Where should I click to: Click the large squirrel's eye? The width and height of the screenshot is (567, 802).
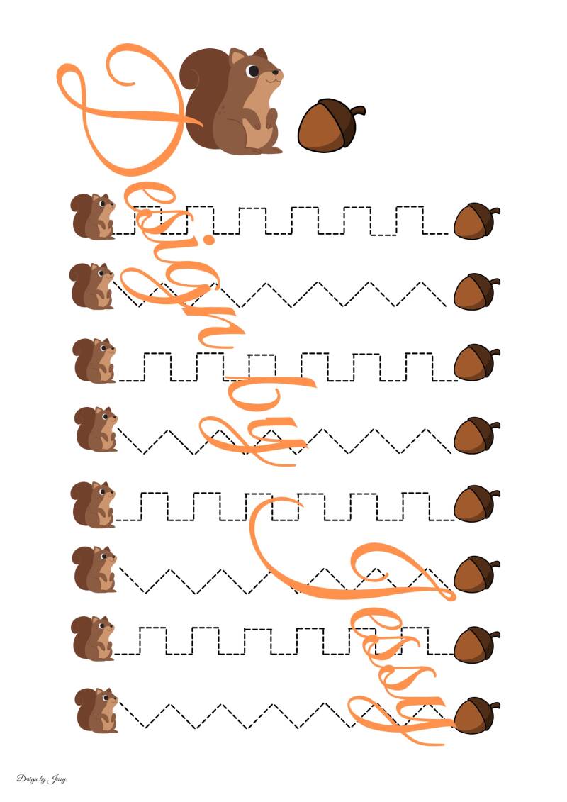click(x=252, y=71)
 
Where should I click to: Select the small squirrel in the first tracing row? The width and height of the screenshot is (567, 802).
click(x=93, y=216)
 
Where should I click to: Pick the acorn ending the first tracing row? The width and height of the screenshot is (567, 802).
click(x=476, y=221)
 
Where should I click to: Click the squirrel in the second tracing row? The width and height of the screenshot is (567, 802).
click(x=92, y=286)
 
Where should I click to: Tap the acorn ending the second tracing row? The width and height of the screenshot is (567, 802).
click(x=476, y=291)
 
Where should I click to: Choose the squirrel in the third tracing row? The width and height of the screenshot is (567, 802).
click(x=94, y=360)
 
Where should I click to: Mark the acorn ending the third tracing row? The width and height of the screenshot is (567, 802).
click(x=476, y=362)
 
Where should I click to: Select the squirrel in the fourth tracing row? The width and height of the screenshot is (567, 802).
click(x=96, y=429)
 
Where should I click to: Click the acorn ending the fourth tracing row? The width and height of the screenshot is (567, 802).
click(x=476, y=435)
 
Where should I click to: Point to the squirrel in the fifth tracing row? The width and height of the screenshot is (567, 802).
click(x=94, y=504)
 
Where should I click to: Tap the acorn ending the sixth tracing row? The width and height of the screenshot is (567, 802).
click(x=476, y=574)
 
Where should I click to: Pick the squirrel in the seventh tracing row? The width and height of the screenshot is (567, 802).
click(x=93, y=638)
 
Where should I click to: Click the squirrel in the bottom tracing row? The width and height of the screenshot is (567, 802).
click(x=96, y=710)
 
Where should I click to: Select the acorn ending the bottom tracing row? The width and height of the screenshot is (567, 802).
click(x=476, y=715)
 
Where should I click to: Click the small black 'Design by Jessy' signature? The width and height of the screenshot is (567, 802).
click(x=41, y=779)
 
